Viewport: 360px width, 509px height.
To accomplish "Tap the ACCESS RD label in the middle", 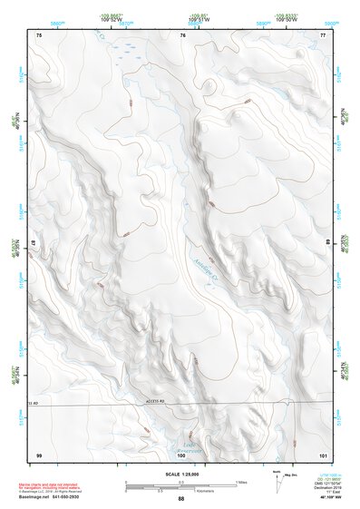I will [178, 399].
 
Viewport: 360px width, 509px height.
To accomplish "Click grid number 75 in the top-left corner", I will [39, 34].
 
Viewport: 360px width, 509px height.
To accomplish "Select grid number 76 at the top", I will [183, 34].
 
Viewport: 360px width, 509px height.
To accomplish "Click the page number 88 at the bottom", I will [180, 499].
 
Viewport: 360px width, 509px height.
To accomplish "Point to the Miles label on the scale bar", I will [241, 482].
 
